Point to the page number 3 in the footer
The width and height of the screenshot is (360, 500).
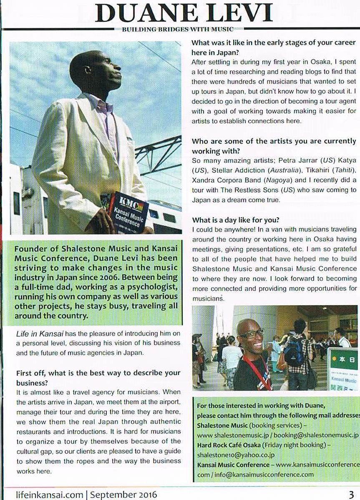(x=352, y=495)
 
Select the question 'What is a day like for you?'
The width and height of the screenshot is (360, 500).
(x=235, y=220)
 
